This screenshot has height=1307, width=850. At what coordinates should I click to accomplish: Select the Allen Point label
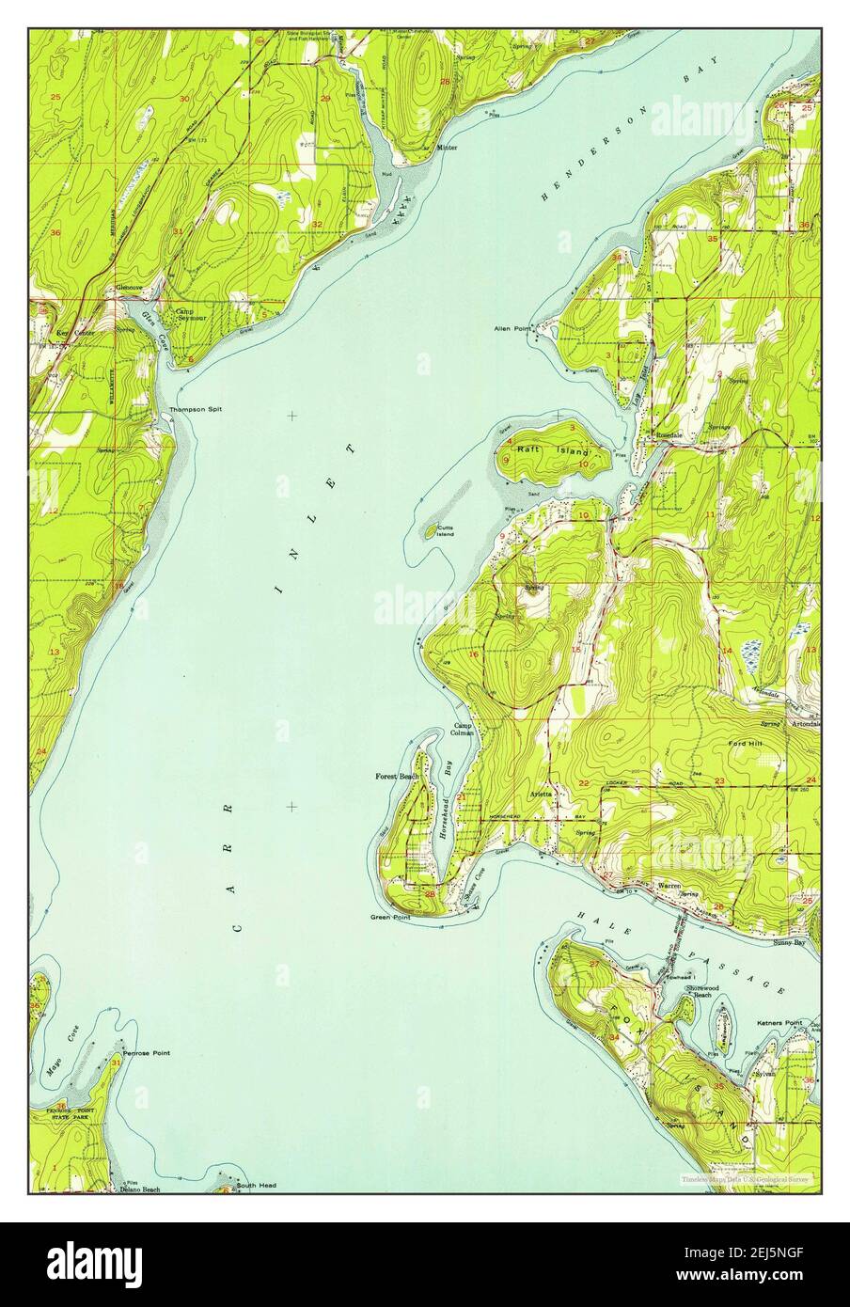coord(512,329)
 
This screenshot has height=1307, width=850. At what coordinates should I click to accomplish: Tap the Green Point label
coord(389,917)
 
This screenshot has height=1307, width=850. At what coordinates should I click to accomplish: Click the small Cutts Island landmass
coord(431,531)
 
